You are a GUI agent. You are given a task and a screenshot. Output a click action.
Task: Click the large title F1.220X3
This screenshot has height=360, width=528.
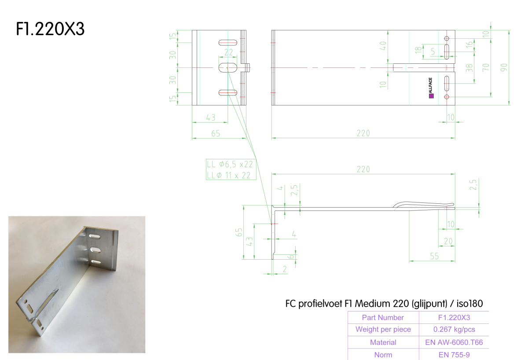(50, 29)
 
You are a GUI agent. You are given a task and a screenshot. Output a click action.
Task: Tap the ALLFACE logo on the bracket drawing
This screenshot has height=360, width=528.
(431, 88)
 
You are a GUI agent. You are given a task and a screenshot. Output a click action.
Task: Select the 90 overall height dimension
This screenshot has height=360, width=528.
(504, 68)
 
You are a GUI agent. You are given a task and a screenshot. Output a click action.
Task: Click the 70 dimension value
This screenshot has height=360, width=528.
(486, 67)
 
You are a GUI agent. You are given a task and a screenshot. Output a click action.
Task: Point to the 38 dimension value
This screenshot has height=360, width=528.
(469, 68)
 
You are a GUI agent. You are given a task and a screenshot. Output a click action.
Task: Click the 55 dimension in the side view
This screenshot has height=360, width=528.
(434, 256)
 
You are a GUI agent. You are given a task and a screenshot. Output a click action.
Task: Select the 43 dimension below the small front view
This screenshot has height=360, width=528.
(210, 118)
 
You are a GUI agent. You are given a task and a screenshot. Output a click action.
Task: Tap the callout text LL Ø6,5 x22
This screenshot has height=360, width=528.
(230, 164)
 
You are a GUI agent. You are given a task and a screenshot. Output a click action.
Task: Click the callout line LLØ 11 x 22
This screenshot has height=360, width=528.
(228, 175)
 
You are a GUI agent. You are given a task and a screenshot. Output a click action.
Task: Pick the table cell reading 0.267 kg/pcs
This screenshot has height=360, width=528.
(454, 329)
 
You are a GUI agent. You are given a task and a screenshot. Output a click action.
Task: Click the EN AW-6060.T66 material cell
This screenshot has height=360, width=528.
(454, 342)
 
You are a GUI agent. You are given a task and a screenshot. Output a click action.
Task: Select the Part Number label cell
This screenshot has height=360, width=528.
(383, 317)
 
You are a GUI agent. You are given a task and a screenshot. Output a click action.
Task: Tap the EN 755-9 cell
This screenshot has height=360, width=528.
(454, 355)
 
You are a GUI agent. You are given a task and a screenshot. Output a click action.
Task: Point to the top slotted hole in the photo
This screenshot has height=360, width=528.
(95, 236)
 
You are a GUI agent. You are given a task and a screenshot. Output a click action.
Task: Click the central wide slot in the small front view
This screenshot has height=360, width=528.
(228, 68)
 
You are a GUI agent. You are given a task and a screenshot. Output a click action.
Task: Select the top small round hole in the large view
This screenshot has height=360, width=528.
(447, 38)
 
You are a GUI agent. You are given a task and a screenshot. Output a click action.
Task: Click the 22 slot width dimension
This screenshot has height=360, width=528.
(228, 52)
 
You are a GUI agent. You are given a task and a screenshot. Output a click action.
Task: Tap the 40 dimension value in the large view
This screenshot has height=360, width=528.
(383, 45)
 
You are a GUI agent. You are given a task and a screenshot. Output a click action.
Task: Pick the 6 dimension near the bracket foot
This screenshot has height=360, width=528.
(292, 257)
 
